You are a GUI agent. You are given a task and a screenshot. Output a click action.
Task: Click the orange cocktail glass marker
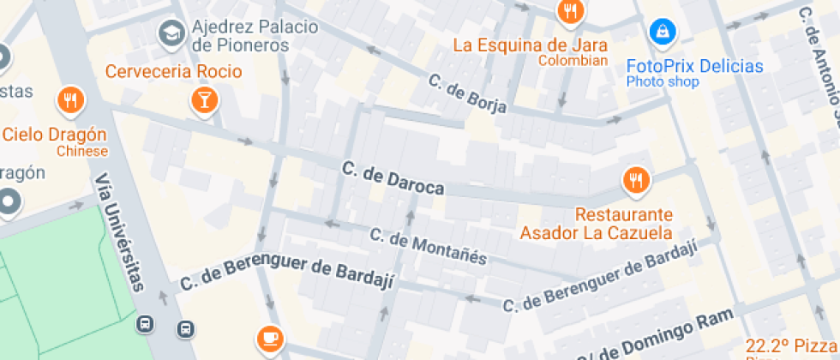(204, 99)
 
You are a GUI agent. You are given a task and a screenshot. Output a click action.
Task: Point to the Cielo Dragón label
(54, 135)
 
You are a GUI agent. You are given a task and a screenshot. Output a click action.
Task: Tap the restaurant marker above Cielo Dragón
(70, 100)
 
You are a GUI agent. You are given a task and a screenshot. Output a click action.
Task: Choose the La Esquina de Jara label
(530, 45)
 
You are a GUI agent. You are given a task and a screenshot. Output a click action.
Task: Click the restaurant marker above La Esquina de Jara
(569, 11)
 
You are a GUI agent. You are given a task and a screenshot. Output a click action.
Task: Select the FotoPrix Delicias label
(694, 66)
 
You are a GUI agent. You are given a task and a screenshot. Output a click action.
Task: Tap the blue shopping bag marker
(662, 33)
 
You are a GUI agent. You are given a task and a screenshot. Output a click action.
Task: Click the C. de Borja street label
(467, 94)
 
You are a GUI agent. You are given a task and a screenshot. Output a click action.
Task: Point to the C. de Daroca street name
(392, 177)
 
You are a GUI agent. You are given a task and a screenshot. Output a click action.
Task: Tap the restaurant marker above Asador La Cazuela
(635, 180)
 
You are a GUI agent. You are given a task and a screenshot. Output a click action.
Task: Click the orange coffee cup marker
(271, 337)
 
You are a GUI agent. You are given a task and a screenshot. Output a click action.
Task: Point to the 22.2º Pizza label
(791, 345)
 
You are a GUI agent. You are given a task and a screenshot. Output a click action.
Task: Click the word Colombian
(573, 61)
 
